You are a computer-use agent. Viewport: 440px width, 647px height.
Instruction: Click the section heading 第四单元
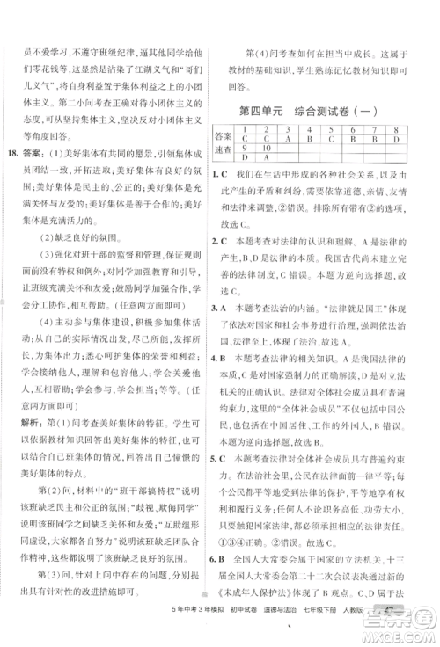click(265, 111)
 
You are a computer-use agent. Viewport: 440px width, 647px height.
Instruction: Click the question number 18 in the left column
click(15, 128)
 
